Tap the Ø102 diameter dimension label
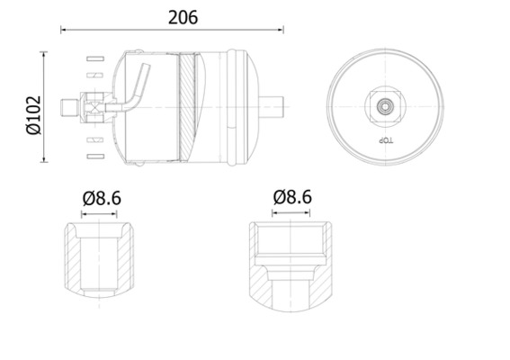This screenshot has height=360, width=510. coord(34,108)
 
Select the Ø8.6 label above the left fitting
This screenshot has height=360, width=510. coord(101,198)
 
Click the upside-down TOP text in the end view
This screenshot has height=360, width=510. coord(386,142)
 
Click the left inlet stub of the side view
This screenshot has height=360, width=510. coord(69,108)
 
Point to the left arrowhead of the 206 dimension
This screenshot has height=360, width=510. coord(64,31)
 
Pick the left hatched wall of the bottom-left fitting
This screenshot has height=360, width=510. coord(73,261)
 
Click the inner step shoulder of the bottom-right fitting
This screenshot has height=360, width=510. coord(291,267)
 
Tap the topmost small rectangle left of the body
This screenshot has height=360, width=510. coord(91,59)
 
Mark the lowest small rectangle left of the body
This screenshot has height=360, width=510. coord(91,157)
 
